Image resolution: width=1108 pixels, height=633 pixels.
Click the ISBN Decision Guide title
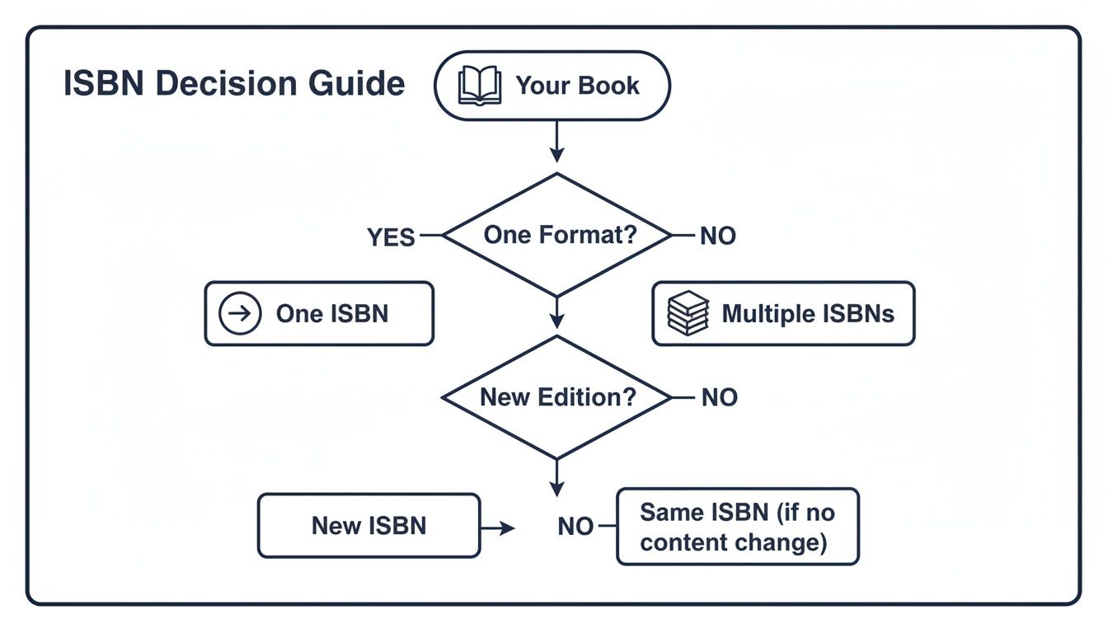[234, 85]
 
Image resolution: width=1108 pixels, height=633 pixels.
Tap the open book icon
[480, 86]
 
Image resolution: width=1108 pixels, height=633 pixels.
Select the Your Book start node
[552, 86]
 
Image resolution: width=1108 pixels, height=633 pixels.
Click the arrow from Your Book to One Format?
[556, 141]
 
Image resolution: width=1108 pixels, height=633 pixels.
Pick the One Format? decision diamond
[558, 235]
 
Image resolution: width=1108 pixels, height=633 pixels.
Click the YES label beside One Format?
[391, 237]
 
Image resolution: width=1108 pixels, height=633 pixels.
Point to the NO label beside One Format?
[717, 237]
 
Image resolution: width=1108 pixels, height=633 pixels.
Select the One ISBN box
[319, 313]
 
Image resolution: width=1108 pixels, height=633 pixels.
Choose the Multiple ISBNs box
[783, 313]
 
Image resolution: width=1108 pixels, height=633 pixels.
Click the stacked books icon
[688, 313]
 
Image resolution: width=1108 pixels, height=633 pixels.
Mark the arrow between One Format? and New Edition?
[557, 314]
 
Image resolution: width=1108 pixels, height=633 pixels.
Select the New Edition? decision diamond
[558, 397]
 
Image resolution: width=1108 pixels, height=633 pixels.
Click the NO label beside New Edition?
[719, 398]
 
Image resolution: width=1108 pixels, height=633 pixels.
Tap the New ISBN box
[369, 526]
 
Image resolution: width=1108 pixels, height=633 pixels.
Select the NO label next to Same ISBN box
[575, 527]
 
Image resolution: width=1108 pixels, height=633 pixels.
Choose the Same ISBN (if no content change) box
[737, 527]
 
